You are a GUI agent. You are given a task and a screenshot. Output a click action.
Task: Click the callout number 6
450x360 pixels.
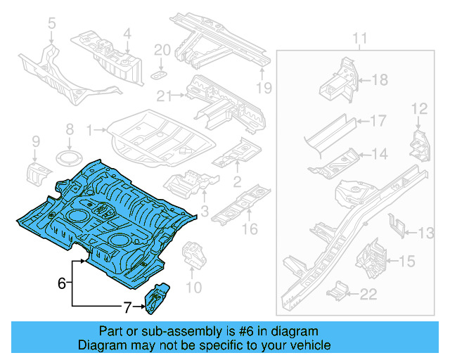pyautogui.click(x=62, y=283)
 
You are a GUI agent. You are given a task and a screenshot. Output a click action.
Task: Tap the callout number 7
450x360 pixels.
pyautogui.click(x=127, y=307)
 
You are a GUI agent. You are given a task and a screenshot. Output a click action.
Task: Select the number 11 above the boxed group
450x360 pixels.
pyautogui.click(x=359, y=37)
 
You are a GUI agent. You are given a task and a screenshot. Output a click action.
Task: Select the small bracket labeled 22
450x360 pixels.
pyautogui.click(x=340, y=290)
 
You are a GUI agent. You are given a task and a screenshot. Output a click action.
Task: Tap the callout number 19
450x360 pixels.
pyautogui.click(x=263, y=88)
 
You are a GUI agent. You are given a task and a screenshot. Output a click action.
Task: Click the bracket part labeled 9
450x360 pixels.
pyautogui.click(x=38, y=171)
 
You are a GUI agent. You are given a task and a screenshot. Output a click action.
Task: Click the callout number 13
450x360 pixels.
pyautogui.click(x=427, y=233)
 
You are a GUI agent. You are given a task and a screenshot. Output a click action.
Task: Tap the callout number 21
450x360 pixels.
pyautogui.click(x=164, y=96)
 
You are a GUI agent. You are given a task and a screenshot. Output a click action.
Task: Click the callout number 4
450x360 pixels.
pyautogui.click(x=127, y=32)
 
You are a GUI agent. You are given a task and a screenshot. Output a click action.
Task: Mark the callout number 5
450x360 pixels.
pyautogui.click(x=51, y=27)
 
